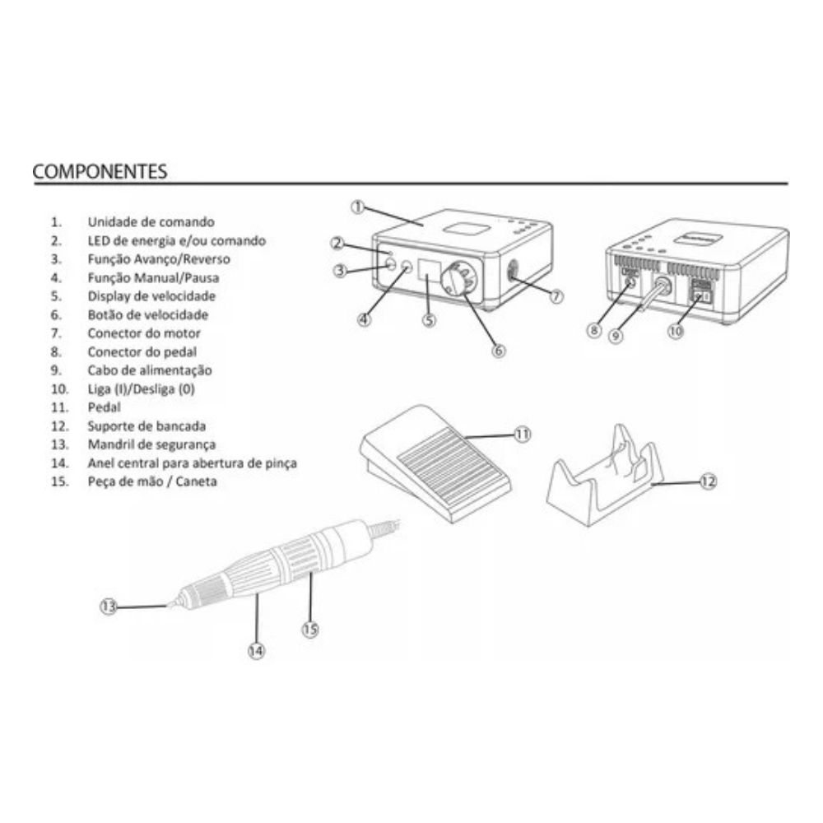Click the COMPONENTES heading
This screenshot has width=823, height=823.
coord(100,172)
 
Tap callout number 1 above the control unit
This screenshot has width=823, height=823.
coord(357,207)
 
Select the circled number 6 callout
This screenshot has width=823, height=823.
coord(499,350)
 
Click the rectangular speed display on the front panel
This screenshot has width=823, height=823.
coord(428,269)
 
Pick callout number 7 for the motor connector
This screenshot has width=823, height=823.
coord(556,296)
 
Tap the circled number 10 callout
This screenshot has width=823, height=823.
coord(676,331)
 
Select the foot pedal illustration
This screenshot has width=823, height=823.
coord(435,463)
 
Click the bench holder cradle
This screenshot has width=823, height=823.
coord(602,475)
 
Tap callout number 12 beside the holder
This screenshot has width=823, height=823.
coord(708,481)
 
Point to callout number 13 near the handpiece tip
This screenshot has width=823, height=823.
coord(108,607)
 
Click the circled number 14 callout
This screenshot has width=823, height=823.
coord(256,651)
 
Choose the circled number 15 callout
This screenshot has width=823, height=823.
coord(310,629)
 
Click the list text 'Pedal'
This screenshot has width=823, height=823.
coord(104,407)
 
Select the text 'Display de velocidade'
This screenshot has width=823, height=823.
coord(151,296)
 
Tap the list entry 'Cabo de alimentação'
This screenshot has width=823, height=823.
coord(150,370)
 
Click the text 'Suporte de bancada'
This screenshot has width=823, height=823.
coord(146,426)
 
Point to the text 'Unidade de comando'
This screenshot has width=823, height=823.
coord(151,222)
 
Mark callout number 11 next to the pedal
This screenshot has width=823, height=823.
coord(523,434)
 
